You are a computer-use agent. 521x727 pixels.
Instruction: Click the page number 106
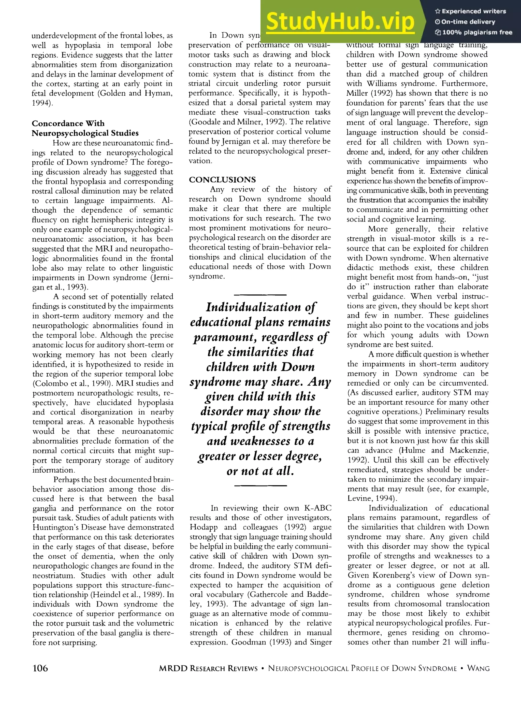(x=40, y=668)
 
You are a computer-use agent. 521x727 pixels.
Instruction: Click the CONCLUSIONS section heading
(x=222, y=180)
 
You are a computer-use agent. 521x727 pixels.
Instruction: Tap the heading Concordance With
(x=68, y=124)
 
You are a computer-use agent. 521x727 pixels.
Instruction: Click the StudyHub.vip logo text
(x=340, y=21)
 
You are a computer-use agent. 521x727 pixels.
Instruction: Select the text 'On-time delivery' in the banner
(x=468, y=22)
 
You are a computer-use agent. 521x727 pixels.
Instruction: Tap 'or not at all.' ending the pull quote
(x=260, y=471)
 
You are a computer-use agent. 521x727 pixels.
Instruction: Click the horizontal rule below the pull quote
(x=260, y=486)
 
